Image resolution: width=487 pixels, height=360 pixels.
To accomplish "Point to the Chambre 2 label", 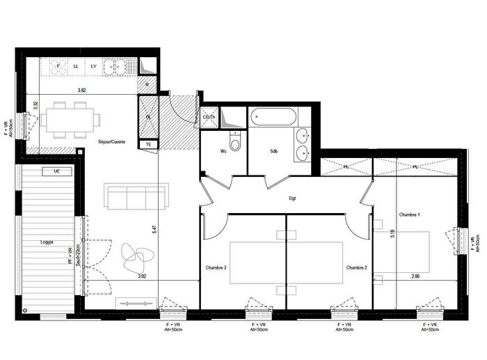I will (356, 267).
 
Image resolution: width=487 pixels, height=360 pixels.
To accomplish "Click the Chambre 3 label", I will (216, 267).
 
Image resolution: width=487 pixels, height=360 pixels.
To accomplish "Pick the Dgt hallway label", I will (293, 198).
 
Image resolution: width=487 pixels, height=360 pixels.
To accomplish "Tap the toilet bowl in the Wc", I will (236, 144).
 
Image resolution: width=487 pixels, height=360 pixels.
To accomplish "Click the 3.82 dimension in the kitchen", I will (81, 91).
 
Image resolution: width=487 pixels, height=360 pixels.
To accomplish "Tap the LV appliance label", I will (93, 66).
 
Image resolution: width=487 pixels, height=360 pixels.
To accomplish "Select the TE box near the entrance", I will (148, 144).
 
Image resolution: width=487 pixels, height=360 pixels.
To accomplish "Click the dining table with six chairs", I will (68, 120).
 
